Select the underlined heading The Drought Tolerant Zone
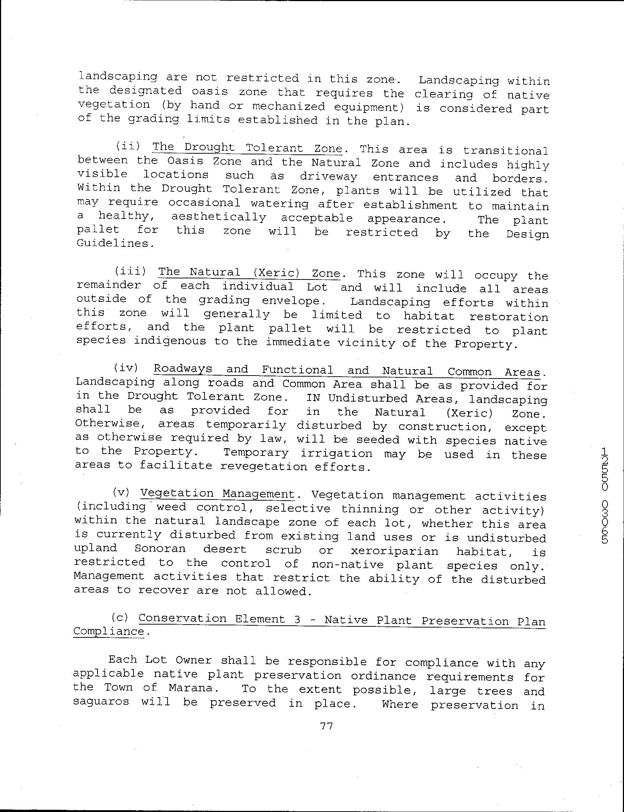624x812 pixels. pyautogui.click(x=247, y=148)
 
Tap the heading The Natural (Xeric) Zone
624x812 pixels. pyautogui.click(x=249, y=273)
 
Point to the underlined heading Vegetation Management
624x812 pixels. pyautogui.click(x=217, y=494)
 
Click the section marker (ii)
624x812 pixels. pyautogui.click(x=127, y=146)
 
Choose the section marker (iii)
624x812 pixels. pyautogui.click(x=130, y=271)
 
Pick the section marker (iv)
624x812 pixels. pyautogui.click(x=126, y=368)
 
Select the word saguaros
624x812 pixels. pyautogui.click(x=101, y=702)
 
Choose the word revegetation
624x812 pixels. pyautogui.click(x=264, y=467)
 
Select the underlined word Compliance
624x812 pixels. pyautogui.click(x=109, y=632)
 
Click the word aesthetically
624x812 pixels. pyautogui.click(x=219, y=217)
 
